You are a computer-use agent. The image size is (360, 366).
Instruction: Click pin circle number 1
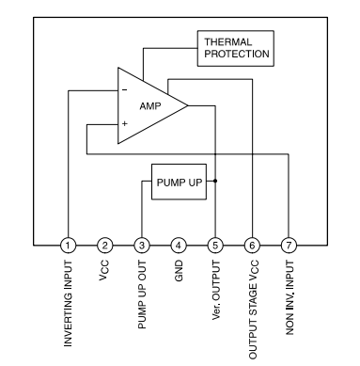(68, 246)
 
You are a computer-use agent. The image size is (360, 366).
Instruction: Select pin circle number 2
(105, 246)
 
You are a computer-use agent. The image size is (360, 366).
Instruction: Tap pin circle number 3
(142, 246)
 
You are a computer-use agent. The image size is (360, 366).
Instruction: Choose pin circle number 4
(179, 246)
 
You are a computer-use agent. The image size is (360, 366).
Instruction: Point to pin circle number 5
(215, 246)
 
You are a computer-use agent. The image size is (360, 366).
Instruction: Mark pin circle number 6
(252, 246)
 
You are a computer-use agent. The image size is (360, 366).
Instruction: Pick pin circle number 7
(289, 246)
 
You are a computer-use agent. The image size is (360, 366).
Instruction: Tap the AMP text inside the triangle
(150, 106)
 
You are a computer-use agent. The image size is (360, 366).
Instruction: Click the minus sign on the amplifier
(125, 90)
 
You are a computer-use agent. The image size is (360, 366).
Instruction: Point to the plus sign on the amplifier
(125, 123)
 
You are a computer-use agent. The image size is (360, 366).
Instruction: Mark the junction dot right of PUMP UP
(215, 181)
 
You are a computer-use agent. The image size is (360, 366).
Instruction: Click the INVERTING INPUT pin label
(68, 304)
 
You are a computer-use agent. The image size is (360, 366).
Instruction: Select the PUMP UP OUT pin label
(142, 294)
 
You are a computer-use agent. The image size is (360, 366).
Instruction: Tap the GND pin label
(179, 271)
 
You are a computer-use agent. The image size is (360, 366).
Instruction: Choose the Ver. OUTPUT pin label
(216, 290)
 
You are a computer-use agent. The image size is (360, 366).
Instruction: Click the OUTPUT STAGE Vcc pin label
(253, 310)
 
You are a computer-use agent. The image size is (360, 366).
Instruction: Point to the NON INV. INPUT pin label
(290, 297)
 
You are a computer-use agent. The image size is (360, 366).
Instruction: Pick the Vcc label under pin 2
(104, 270)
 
